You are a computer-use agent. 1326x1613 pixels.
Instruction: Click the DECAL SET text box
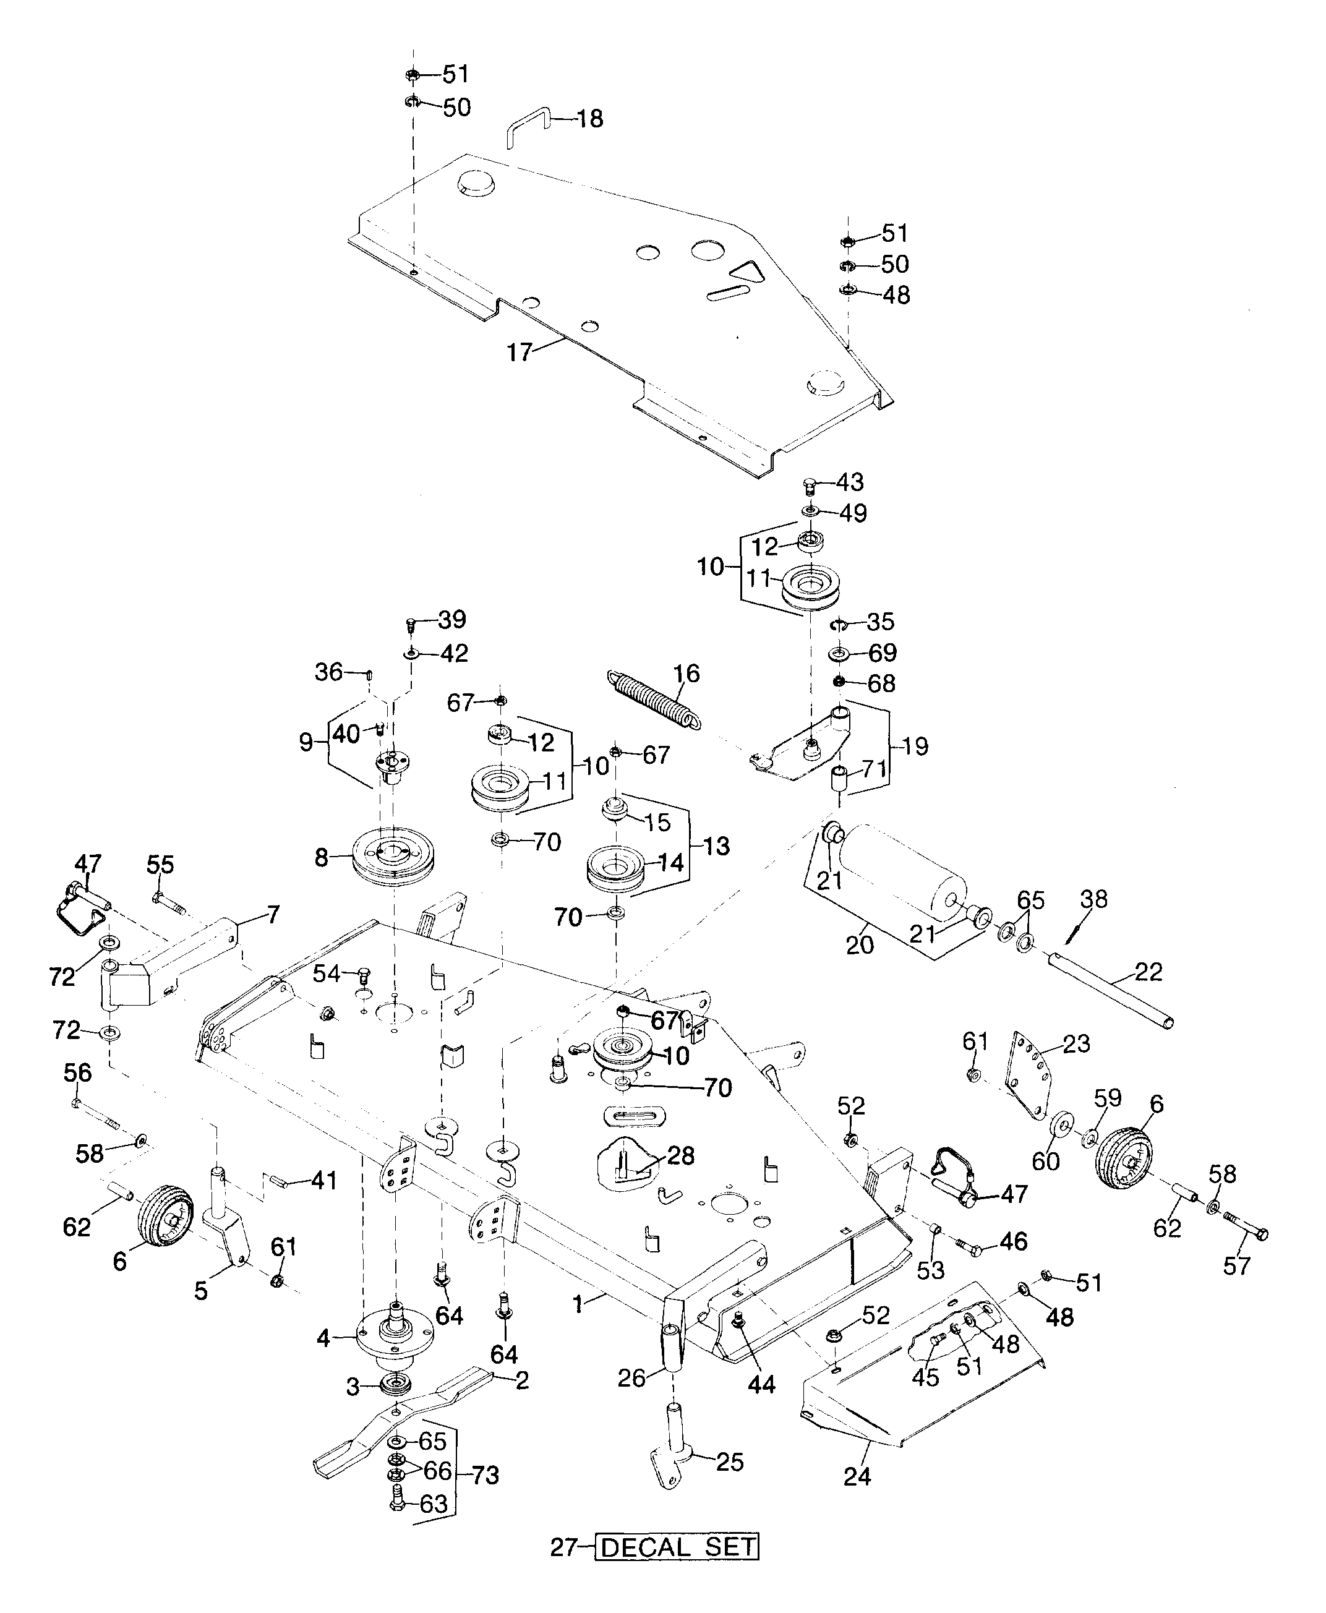(677, 1547)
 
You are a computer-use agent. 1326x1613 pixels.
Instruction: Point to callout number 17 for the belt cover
(520, 353)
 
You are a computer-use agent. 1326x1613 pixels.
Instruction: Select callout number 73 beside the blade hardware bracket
(485, 1474)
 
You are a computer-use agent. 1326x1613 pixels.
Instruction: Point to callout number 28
(680, 1155)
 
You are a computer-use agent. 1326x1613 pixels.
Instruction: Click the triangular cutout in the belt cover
(745, 272)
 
